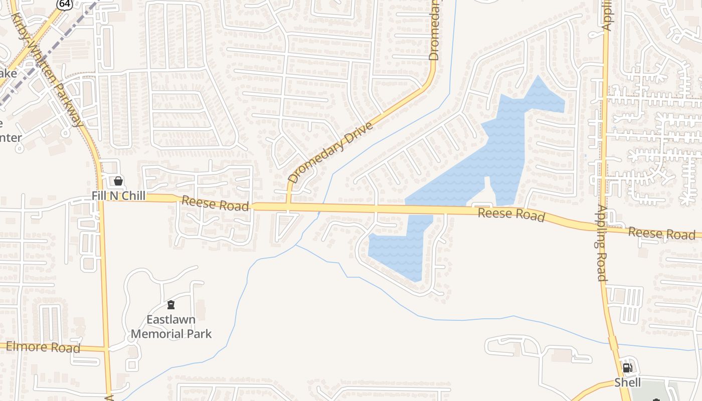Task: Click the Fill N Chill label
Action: point(119,195)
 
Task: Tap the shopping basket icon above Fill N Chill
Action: point(118,181)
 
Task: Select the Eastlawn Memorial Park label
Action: point(171,326)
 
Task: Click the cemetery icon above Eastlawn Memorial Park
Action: point(171,305)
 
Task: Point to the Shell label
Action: point(628,382)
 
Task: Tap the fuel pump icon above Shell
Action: point(627,368)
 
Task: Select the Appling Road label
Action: point(602,243)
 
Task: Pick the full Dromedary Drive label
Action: point(331,152)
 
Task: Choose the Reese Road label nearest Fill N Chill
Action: point(215,204)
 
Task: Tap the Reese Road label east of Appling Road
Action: point(668,233)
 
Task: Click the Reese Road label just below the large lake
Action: point(511,214)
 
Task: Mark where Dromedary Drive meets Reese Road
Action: point(288,207)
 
